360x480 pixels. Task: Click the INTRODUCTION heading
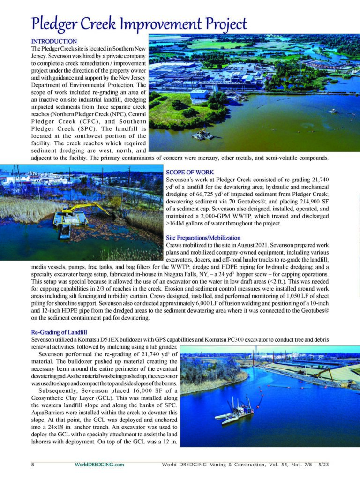(x=54, y=42)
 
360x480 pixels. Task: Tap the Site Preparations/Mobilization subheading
(x=203, y=238)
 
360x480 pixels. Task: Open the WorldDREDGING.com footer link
(x=99, y=465)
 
